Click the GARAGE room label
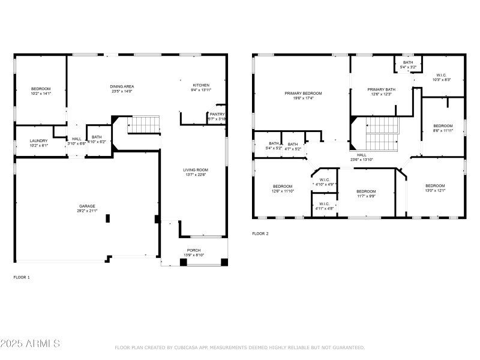[x=88, y=206]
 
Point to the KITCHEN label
[x=201, y=85]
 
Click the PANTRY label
[x=217, y=114]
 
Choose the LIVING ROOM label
[x=195, y=170]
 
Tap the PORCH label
[x=194, y=250]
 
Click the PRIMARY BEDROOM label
[x=303, y=93]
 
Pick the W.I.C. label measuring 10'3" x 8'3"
[x=441, y=74]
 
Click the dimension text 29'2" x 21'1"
[x=88, y=211]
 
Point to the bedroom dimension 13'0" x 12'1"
[x=435, y=191]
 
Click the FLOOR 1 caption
[x=22, y=277]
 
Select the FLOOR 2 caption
[x=260, y=233]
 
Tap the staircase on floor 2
[x=382, y=133]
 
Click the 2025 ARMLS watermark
[x=30, y=344]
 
